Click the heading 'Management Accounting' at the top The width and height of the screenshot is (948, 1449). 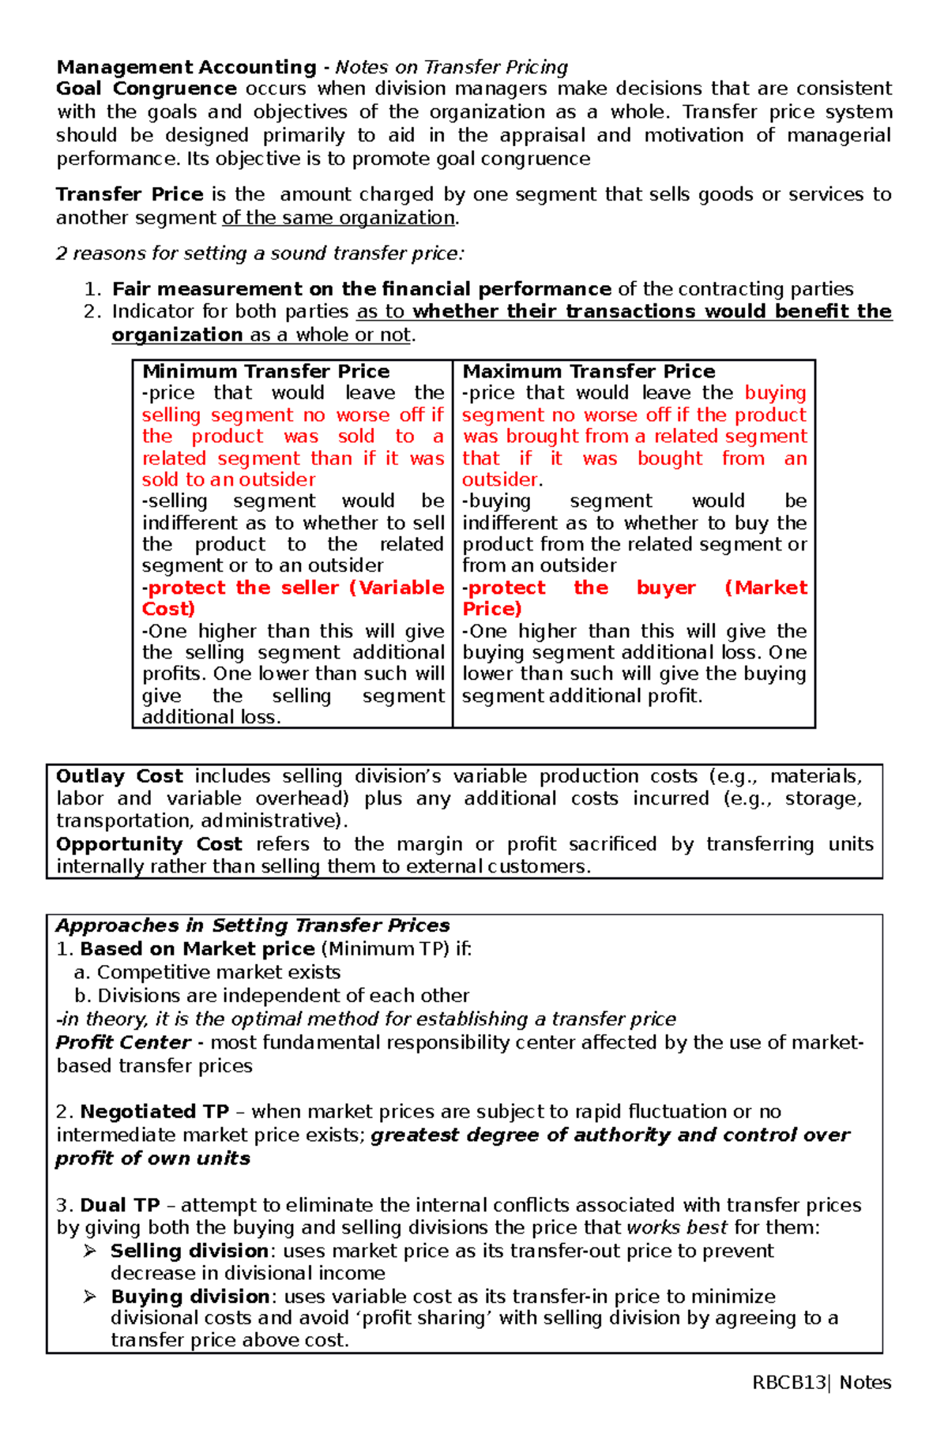click(x=186, y=67)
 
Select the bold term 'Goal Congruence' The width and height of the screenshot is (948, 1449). click(x=146, y=88)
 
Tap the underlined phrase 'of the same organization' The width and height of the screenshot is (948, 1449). click(x=338, y=218)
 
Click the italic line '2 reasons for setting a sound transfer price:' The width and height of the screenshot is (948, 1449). click(x=261, y=253)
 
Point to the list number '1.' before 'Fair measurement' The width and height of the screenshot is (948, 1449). click(x=93, y=289)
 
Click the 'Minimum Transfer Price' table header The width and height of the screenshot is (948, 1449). click(x=265, y=371)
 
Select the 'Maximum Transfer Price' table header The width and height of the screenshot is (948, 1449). click(x=589, y=371)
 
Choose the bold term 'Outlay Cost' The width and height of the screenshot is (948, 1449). click(x=119, y=777)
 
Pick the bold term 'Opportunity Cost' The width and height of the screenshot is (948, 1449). click(x=149, y=844)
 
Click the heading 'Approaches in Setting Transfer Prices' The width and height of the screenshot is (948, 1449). click(x=253, y=925)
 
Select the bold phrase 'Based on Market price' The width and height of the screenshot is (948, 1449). click(x=197, y=949)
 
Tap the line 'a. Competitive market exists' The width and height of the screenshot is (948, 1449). click(x=207, y=972)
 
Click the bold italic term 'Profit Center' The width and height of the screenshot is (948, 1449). click(x=123, y=1042)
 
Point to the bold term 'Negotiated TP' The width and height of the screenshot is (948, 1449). click(x=154, y=1112)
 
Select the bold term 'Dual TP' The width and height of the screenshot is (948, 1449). click(x=120, y=1205)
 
